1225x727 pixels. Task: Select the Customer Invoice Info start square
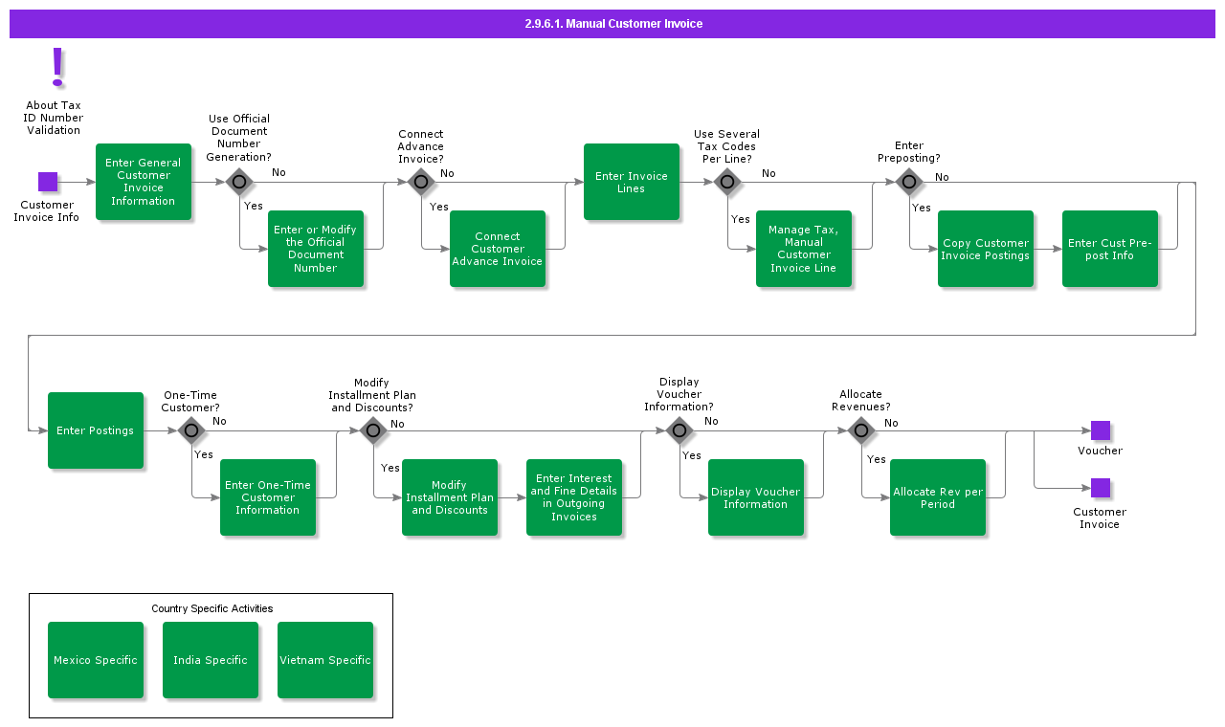click(48, 182)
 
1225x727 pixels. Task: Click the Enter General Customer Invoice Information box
click(144, 182)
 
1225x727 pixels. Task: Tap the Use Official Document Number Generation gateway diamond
click(239, 182)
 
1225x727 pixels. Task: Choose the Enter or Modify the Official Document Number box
click(316, 249)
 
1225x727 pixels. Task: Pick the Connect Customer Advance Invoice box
click(498, 249)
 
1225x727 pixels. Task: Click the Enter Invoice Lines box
click(632, 182)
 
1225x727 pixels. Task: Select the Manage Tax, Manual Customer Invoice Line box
click(804, 249)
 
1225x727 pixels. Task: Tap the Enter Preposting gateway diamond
click(909, 182)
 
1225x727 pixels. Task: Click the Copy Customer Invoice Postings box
click(986, 249)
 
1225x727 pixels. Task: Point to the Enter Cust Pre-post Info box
click(1110, 249)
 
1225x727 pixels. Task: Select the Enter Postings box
click(96, 430)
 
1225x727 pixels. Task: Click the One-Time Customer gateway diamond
click(191, 430)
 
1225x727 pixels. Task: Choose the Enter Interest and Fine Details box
click(574, 497)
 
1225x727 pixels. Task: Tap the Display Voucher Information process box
click(756, 497)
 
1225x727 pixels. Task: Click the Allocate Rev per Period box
click(938, 497)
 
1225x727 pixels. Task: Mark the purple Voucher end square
click(1101, 430)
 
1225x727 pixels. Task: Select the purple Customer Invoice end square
click(1101, 488)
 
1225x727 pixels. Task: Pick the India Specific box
click(211, 660)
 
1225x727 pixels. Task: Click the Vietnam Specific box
click(325, 660)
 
